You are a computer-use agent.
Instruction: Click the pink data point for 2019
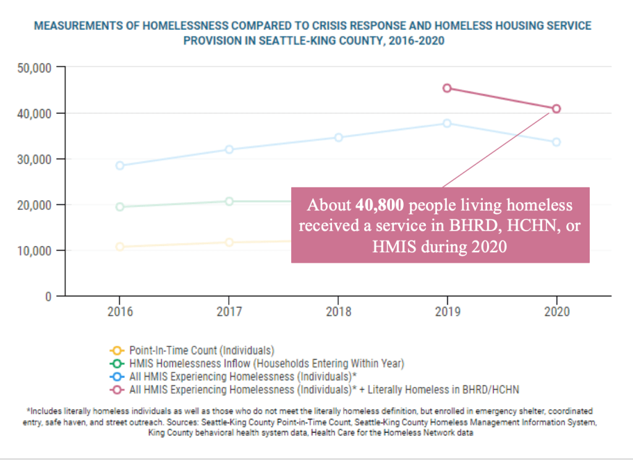[x=447, y=88]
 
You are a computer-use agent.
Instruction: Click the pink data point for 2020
[x=556, y=109]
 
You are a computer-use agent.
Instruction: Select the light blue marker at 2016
[x=120, y=166]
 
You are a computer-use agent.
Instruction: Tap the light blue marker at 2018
[x=338, y=137]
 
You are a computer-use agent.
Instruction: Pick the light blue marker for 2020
[x=556, y=142]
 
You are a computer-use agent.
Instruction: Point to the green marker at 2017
[x=229, y=202]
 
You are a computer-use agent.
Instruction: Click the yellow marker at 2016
[x=120, y=247]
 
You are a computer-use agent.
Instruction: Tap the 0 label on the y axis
[x=47, y=296]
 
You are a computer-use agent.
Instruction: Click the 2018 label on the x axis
[x=338, y=312]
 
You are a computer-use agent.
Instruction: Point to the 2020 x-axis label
[x=556, y=312]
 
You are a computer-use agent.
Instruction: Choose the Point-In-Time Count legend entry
[x=202, y=351]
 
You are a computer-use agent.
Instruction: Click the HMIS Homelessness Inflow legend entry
[x=266, y=363]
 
